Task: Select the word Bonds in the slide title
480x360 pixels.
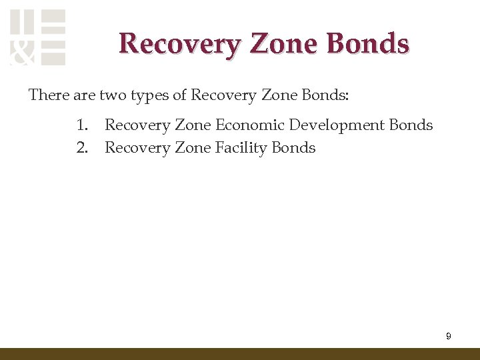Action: [x=367, y=44]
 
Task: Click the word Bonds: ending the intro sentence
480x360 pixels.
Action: [x=325, y=95]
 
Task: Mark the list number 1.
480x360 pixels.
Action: [x=81, y=125]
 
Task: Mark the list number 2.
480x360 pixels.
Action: [x=81, y=148]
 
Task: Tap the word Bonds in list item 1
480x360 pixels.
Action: [x=411, y=125]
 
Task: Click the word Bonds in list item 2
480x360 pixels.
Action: [x=293, y=148]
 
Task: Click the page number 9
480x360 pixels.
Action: [x=448, y=337]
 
